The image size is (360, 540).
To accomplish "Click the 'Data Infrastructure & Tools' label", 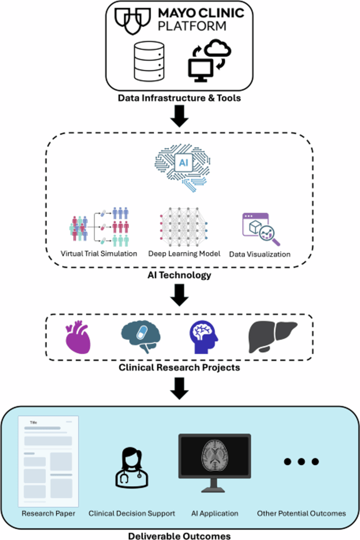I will click(x=179, y=98).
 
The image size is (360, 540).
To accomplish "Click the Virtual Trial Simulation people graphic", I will click(x=98, y=226).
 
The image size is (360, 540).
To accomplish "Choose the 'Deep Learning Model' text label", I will click(x=184, y=253).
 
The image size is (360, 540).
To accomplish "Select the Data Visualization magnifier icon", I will click(x=261, y=229).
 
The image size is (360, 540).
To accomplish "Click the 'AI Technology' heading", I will click(x=180, y=275).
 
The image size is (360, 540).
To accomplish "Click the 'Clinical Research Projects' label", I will click(x=180, y=367).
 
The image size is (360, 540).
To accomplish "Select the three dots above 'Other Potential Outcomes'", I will click(x=301, y=462).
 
